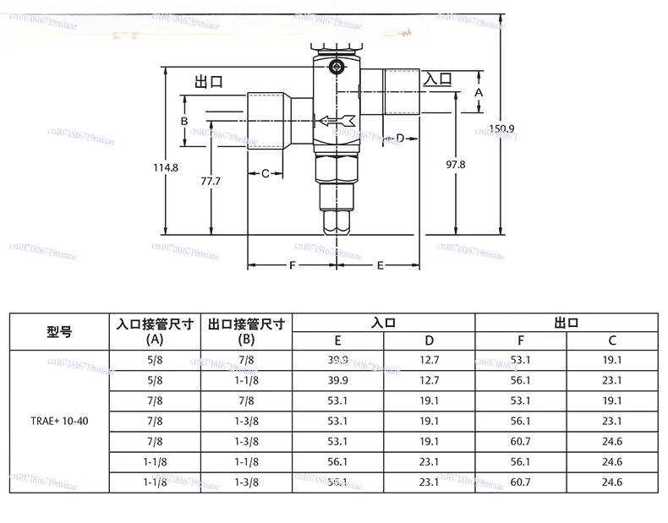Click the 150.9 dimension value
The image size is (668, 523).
pyautogui.click(x=501, y=128)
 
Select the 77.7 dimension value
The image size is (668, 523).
pyautogui.click(x=211, y=182)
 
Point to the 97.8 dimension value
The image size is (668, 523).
pyautogui.click(x=455, y=165)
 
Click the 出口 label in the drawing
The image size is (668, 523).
pyautogui.click(x=208, y=82)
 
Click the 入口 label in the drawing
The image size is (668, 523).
pyautogui.click(x=437, y=79)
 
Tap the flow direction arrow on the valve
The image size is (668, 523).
pyautogui.click(x=336, y=122)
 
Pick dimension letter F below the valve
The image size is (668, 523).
pyautogui.click(x=292, y=265)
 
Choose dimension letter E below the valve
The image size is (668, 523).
pyautogui.click(x=381, y=265)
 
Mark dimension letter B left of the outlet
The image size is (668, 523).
pyautogui.click(x=183, y=121)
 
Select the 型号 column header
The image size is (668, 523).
pyautogui.click(x=59, y=332)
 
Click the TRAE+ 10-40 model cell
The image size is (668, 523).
pyautogui.click(x=59, y=420)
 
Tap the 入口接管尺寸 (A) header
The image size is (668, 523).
pyautogui.click(x=155, y=331)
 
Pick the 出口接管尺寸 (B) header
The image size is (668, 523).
pyautogui.click(x=246, y=331)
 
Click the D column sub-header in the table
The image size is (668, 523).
pyautogui.click(x=430, y=341)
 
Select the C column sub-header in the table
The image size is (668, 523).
pyautogui.click(x=612, y=341)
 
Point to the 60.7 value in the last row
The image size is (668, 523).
pyautogui.click(x=521, y=482)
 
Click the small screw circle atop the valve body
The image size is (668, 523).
pyautogui.click(x=337, y=67)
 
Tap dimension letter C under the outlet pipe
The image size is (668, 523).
pyautogui.click(x=265, y=174)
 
